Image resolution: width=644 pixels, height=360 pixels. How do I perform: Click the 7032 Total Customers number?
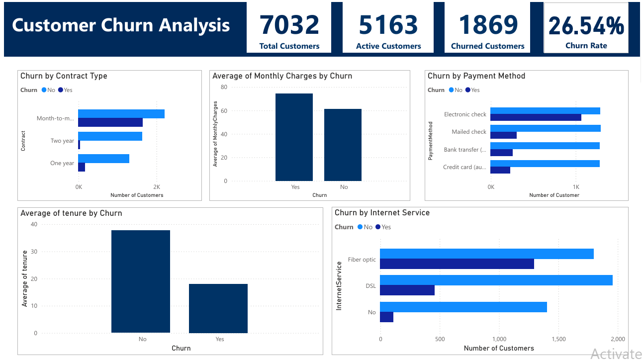click(x=289, y=25)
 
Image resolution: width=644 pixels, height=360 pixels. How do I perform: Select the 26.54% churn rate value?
click(x=586, y=26)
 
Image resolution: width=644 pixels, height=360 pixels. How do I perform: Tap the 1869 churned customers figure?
click(x=487, y=25)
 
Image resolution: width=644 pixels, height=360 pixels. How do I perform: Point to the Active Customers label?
click(x=388, y=46)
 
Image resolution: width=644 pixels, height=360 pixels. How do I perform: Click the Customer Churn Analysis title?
click(x=121, y=25)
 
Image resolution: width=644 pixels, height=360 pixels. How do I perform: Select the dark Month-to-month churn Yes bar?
click(x=110, y=123)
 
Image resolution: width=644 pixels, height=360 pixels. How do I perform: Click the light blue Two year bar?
click(x=110, y=136)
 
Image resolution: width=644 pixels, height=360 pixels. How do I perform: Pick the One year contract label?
click(x=62, y=163)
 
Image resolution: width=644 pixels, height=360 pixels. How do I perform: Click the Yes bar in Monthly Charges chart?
click(x=294, y=137)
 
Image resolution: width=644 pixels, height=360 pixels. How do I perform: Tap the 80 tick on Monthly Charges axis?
click(x=224, y=87)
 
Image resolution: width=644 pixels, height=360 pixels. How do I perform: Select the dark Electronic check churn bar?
click(x=536, y=118)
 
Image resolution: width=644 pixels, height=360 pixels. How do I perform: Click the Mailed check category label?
click(x=469, y=132)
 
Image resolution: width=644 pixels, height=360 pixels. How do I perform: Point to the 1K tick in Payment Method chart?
click(x=576, y=187)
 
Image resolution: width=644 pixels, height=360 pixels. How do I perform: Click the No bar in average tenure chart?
click(x=141, y=281)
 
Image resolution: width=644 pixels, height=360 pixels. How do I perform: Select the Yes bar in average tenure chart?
click(x=218, y=308)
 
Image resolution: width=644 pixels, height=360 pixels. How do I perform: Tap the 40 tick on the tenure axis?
click(x=34, y=224)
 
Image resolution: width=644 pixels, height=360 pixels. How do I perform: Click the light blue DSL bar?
click(x=496, y=280)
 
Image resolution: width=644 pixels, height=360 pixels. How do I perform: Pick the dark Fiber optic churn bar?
click(x=457, y=264)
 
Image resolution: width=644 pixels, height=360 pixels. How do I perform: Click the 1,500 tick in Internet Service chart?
click(x=558, y=339)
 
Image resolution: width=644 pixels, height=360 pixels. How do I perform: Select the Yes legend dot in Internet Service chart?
click(x=378, y=227)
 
